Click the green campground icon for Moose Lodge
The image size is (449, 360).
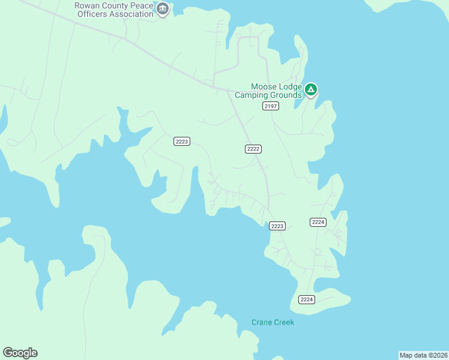[x=310, y=91]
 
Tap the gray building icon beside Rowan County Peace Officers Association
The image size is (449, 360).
[x=162, y=10]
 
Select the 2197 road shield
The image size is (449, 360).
[x=271, y=106]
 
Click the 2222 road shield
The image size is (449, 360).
[x=253, y=149]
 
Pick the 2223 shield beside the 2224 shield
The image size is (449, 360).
[x=277, y=226]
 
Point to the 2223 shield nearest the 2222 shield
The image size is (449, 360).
[x=182, y=142]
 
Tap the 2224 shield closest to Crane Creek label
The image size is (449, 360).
[x=307, y=299]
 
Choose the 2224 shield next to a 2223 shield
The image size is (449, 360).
[x=318, y=222]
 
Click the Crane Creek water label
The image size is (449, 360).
[x=273, y=322]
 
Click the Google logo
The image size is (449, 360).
[x=20, y=353]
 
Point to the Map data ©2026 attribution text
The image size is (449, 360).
[x=423, y=355]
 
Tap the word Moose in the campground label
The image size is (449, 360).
[x=264, y=87]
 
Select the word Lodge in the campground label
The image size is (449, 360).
[x=290, y=87]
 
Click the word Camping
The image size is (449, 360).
[x=251, y=95]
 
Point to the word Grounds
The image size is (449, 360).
[x=285, y=95]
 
